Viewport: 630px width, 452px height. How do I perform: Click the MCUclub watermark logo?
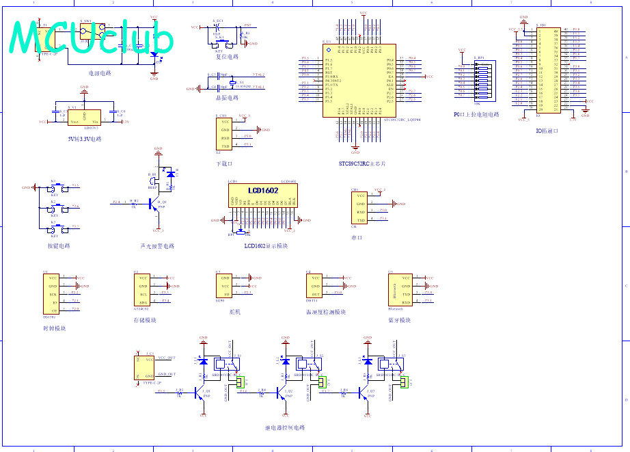pyautogui.click(x=92, y=37)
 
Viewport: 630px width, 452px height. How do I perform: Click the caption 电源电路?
pyautogui.click(x=100, y=72)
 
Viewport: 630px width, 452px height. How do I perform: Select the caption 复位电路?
pyautogui.click(x=228, y=57)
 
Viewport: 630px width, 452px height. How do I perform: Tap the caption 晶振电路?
pyautogui.click(x=228, y=98)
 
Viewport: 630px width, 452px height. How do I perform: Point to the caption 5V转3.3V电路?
pyautogui.click(x=84, y=139)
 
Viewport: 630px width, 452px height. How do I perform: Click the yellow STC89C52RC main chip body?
pyautogui.click(x=359, y=81)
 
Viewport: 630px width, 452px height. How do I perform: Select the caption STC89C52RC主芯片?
pyautogui.click(x=361, y=164)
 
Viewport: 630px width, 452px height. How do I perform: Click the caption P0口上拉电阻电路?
pyautogui.click(x=476, y=115)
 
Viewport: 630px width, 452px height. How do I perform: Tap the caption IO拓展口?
pyautogui.click(x=548, y=131)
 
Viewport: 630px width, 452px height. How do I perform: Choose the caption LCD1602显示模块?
pyautogui.click(x=266, y=245)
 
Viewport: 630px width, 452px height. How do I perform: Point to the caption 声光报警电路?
pyautogui.click(x=157, y=246)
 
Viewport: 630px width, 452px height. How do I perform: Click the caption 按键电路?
pyautogui.click(x=59, y=246)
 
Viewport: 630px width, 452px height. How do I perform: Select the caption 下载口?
pyautogui.click(x=224, y=164)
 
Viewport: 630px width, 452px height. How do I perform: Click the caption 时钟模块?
pyautogui.click(x=54, y=328)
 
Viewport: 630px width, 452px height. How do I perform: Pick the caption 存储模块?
pyautogui.click(x=145, y=320)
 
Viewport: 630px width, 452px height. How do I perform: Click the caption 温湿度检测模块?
pyautogui.click(x=326, y=312)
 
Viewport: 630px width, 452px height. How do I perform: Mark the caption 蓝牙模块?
pyautogui.click(x=400, y=320)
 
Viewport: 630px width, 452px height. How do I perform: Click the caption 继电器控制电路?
pyautogui.click(x=285, y=427)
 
